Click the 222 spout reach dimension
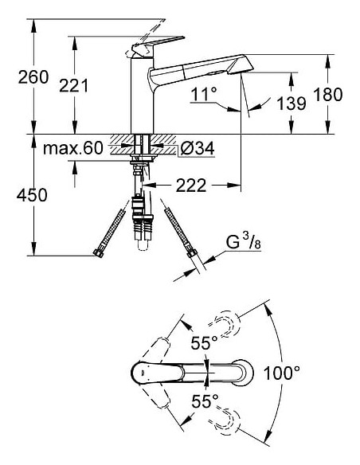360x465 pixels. pos(191,186)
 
